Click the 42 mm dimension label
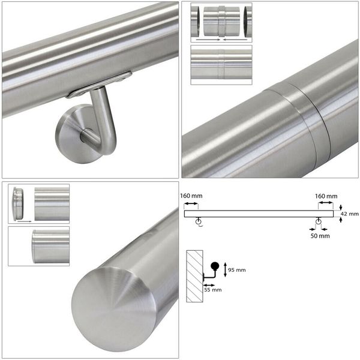349,214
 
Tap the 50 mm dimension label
320,236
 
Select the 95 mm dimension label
237,270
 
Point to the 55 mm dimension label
213,290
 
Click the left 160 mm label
191,196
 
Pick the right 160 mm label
326,196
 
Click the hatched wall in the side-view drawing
194,276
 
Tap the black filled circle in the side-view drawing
215,266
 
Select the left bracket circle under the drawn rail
198,221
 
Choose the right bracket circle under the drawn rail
318,221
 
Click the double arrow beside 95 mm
225,269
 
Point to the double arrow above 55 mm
209,286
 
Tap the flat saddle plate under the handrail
99,85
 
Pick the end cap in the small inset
18,203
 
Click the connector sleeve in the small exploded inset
222,22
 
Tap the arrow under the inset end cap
25,221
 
